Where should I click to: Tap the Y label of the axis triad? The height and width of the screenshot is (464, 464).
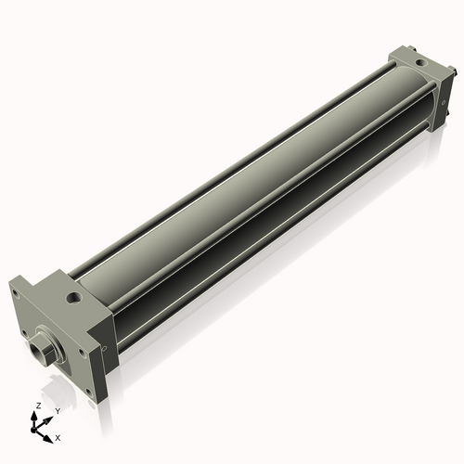(x=57, y=410)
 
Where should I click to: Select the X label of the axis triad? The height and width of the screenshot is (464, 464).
(x=58, y=435)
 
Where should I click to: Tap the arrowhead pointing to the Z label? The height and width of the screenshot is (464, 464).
(x=36, y=415)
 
